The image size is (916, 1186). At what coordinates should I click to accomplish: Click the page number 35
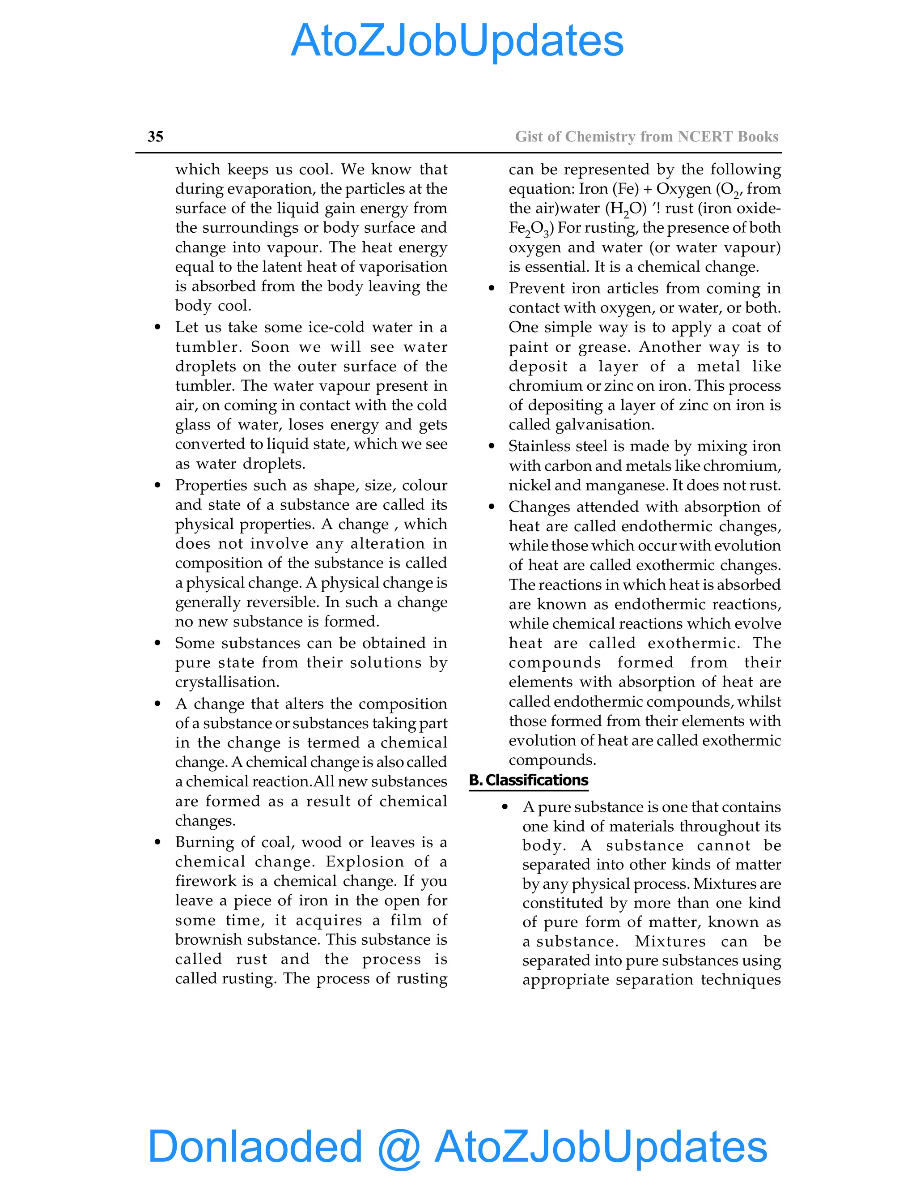click(x=155, y=137)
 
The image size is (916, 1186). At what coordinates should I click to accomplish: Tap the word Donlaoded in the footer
click(x=255, y=1146)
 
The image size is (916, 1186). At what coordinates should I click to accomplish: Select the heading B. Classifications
click(x=529, y=781)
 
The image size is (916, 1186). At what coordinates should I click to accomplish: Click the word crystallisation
click(x=227, y=682)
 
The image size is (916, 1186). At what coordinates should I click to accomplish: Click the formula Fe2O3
click(x=530, y=229)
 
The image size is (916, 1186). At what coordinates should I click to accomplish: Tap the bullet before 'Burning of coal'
click(x=158, y=842)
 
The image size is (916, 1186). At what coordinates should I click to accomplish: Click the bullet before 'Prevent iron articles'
click(x=492, y=288)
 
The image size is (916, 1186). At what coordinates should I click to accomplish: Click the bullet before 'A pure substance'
click(x=505, y=807)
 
